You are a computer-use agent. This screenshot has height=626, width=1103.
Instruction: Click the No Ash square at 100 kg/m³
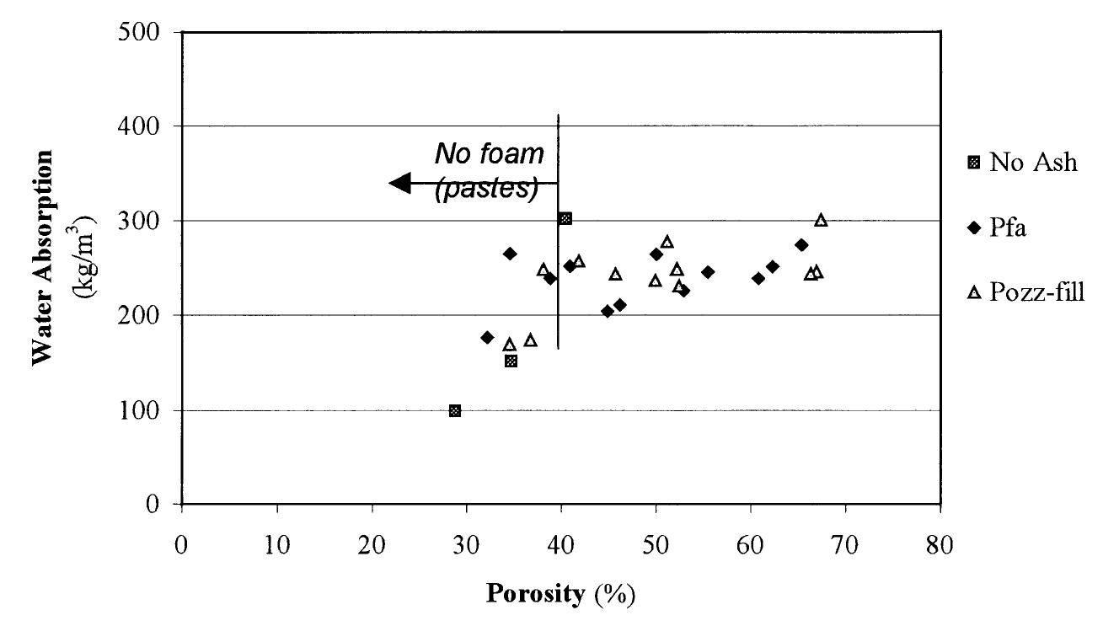click(x=455, y=411)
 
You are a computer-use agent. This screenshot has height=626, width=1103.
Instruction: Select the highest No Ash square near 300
click(x=565, y=219)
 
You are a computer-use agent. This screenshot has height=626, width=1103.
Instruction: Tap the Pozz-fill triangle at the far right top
click(x=821, y=220)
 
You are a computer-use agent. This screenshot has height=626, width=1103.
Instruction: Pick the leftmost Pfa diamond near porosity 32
click(x=487, y=338)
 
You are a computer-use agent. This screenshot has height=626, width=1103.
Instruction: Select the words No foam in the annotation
click(x=489, y=154)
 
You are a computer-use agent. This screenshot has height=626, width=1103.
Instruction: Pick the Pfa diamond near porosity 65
click(x=801, y=245)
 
